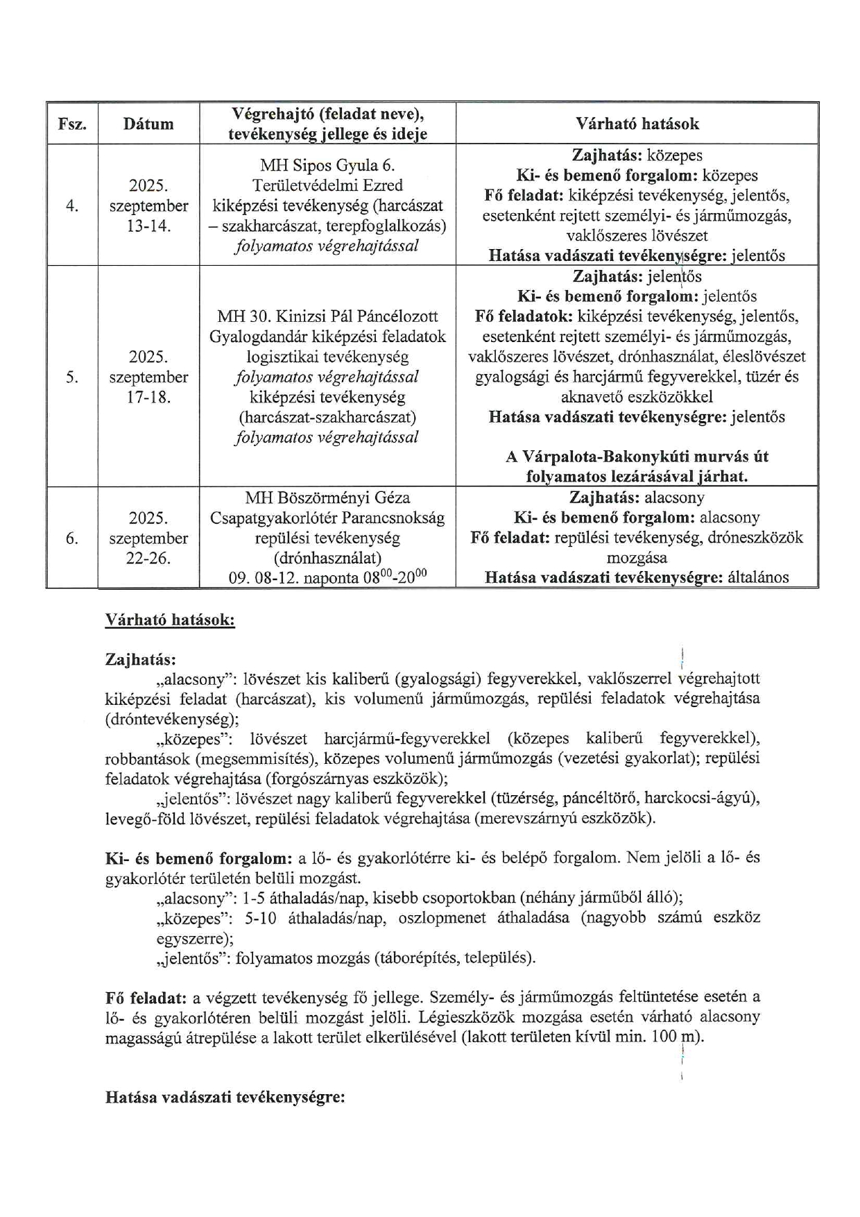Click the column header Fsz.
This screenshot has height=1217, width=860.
[x=72, y=124]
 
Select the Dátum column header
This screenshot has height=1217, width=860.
[x=148, y=124]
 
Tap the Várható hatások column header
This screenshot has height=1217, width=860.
[x=637, y=124]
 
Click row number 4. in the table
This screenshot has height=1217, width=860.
[x=72, y=206]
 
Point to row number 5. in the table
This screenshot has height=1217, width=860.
[x=72, y=377]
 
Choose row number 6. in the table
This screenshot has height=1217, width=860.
[x=72, y=538]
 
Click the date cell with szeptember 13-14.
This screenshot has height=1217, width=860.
[x=148, y=206]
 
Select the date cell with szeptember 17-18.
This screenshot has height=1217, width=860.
[x=148, y=377]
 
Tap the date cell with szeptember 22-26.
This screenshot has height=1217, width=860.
[x=148, y=538]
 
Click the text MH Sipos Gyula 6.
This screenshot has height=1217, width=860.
[x=327, y=166]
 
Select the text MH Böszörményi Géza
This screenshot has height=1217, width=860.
[x=327, y=498]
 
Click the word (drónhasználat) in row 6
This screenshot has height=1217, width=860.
[x=327, y=559]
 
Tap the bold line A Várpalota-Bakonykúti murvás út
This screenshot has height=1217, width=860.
[x=637, y=457]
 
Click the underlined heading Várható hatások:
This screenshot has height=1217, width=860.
[x=170, y=620]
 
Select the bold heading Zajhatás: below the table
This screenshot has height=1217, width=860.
[x=140, y=659]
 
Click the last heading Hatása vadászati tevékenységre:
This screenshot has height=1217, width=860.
[x=225, y=1098]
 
